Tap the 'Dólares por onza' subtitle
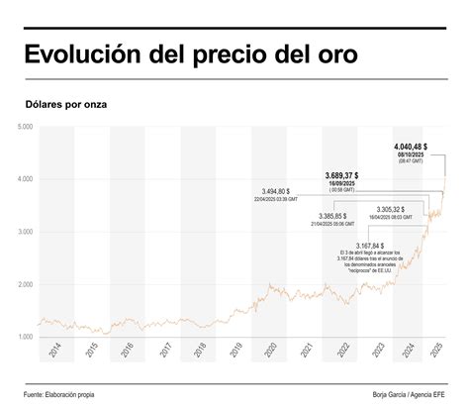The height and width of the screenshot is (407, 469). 66,103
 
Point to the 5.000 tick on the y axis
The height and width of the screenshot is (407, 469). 25,127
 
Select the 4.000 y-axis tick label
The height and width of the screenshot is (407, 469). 25,179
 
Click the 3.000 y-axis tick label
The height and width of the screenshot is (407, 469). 25,232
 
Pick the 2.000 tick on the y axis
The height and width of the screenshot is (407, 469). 25,284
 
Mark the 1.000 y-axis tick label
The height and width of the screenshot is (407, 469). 25,337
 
